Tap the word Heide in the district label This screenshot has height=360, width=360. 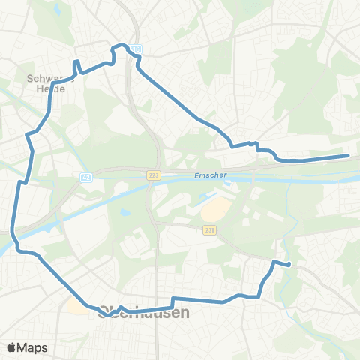click(x=51, y=88)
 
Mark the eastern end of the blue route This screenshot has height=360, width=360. click(x=348, y=156)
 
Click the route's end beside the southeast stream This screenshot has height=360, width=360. click(x=289, y=265)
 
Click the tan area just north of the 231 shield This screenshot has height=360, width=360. click(x=211, y=211)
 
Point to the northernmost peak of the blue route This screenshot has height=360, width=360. click(x=117, y=46)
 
